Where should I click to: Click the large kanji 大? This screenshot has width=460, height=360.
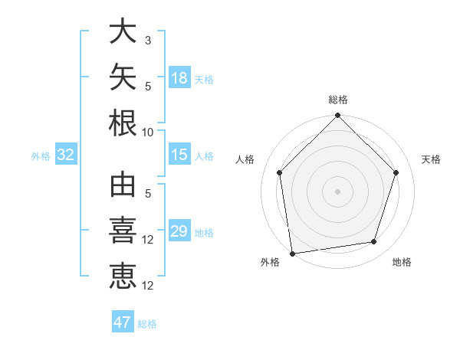[123, 31]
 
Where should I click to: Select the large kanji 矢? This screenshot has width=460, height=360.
[123, 77]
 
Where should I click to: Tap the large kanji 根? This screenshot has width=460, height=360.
[123, 123]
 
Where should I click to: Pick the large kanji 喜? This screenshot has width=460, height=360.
[123, 230]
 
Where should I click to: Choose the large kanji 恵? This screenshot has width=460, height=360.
[123, 276]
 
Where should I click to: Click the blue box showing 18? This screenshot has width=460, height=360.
[179, 77]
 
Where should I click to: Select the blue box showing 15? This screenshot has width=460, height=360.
[179, 154]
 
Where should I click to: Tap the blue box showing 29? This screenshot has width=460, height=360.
[179, 230]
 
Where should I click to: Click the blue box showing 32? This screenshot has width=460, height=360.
[66, 154]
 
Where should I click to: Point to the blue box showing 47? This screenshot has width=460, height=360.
[123, 321]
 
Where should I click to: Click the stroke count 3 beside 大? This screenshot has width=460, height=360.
[148, 41]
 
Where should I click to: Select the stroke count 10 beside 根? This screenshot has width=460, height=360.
[147, 133]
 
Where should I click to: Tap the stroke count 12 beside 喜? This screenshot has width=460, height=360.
[147, 240]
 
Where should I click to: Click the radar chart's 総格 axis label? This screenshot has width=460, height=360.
[338, 100]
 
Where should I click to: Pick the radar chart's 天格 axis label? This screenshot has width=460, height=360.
[431, 159]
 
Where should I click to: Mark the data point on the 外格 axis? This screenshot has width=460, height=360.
[293, 254]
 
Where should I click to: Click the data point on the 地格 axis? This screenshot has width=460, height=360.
[374, 241]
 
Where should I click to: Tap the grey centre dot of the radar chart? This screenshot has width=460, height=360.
[337, 191]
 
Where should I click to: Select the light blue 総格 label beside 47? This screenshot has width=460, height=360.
[147, 324]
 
